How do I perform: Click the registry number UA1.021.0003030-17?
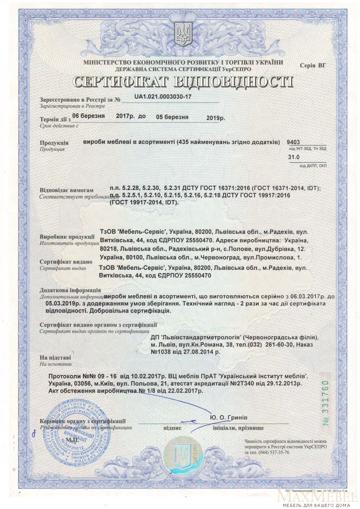(163, 97)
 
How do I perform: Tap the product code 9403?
(293, 142)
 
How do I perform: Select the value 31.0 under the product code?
(293, 157)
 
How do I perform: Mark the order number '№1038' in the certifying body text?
(162, 352)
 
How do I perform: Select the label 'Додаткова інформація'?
(70, 291)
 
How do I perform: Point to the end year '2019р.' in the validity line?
(217, 117)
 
